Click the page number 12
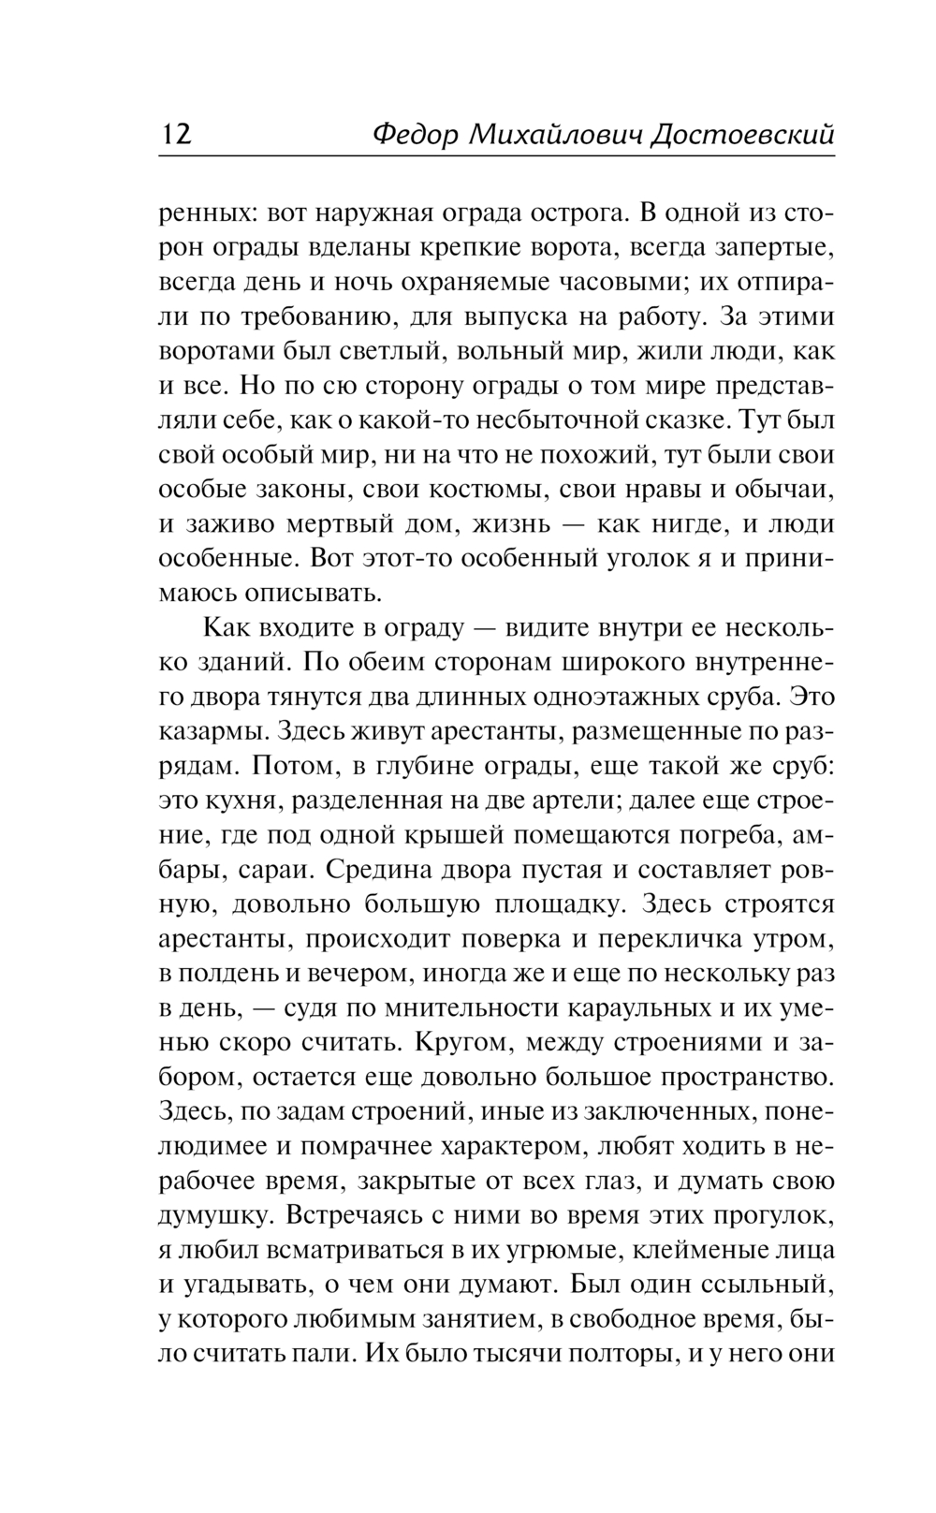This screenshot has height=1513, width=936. pos(176,134)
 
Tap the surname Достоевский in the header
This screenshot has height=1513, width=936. pos(741,134)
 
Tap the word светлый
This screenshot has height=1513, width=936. pos(362,352)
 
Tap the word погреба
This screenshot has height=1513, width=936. pos(745,834)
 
